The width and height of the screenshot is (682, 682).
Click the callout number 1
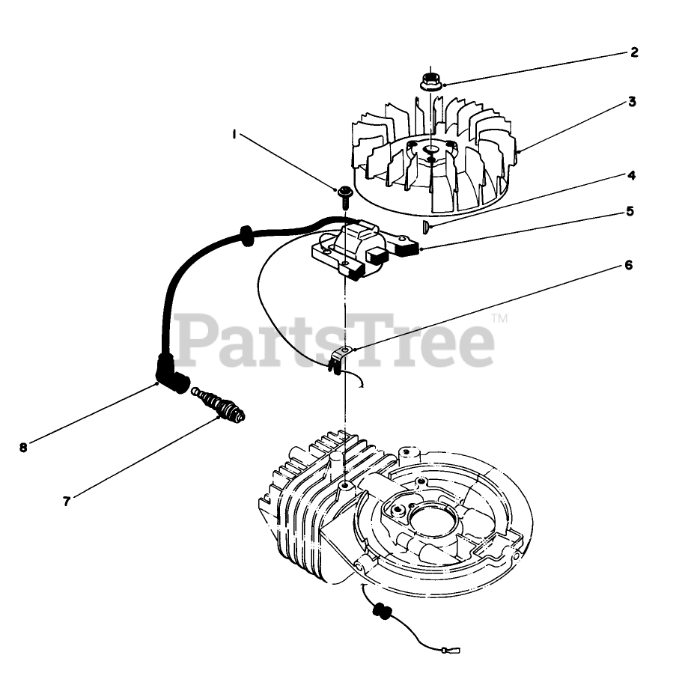tap(234, 135)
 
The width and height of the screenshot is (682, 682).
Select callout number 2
tap(633, 52)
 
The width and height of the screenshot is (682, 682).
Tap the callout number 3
tap(633, 102)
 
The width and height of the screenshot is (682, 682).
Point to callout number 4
tap(632, 176)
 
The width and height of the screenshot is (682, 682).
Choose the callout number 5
tap(630, 211)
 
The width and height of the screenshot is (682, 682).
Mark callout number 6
tap(629, 265)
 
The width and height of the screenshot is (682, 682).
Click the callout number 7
tap(67, 502)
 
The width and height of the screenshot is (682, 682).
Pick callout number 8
tap(23, 448)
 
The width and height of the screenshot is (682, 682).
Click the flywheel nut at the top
tap(430, 80)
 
